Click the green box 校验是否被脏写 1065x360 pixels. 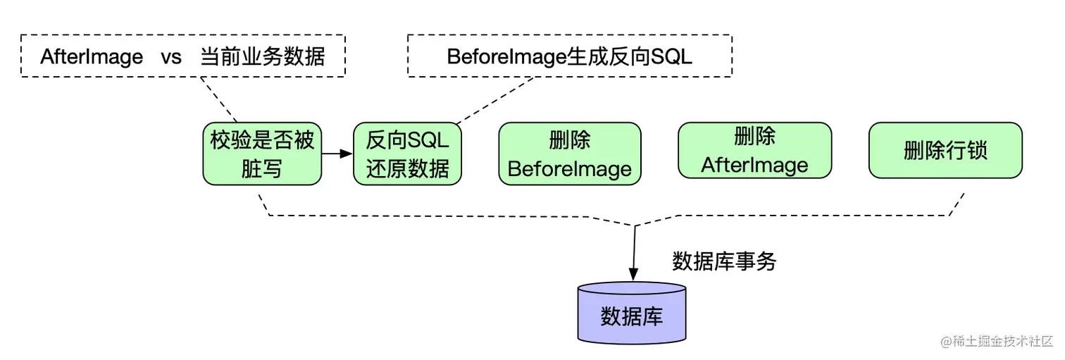click(262, 154)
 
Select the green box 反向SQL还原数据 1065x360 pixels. click(407, 154)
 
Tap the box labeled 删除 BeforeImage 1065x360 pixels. click(570, 154)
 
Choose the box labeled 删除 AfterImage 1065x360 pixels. click(754, 150)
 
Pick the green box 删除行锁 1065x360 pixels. click(945, 150)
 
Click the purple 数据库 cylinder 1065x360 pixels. click(632, 313)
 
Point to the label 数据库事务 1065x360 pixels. click(724, 261)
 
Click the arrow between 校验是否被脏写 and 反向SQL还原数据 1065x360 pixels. click(337, 154)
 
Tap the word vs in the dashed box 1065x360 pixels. click(171, 56)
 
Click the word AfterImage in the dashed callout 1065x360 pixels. click(92, 56)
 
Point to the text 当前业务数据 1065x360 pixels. click(263, 56)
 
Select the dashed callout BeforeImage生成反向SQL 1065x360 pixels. click(569, 56)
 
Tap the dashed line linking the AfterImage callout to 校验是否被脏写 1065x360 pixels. click(218, 99)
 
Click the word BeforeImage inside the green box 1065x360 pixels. click(570, 169)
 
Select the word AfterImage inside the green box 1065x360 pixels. click(754, 165)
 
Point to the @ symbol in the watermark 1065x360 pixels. click(946, 342)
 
